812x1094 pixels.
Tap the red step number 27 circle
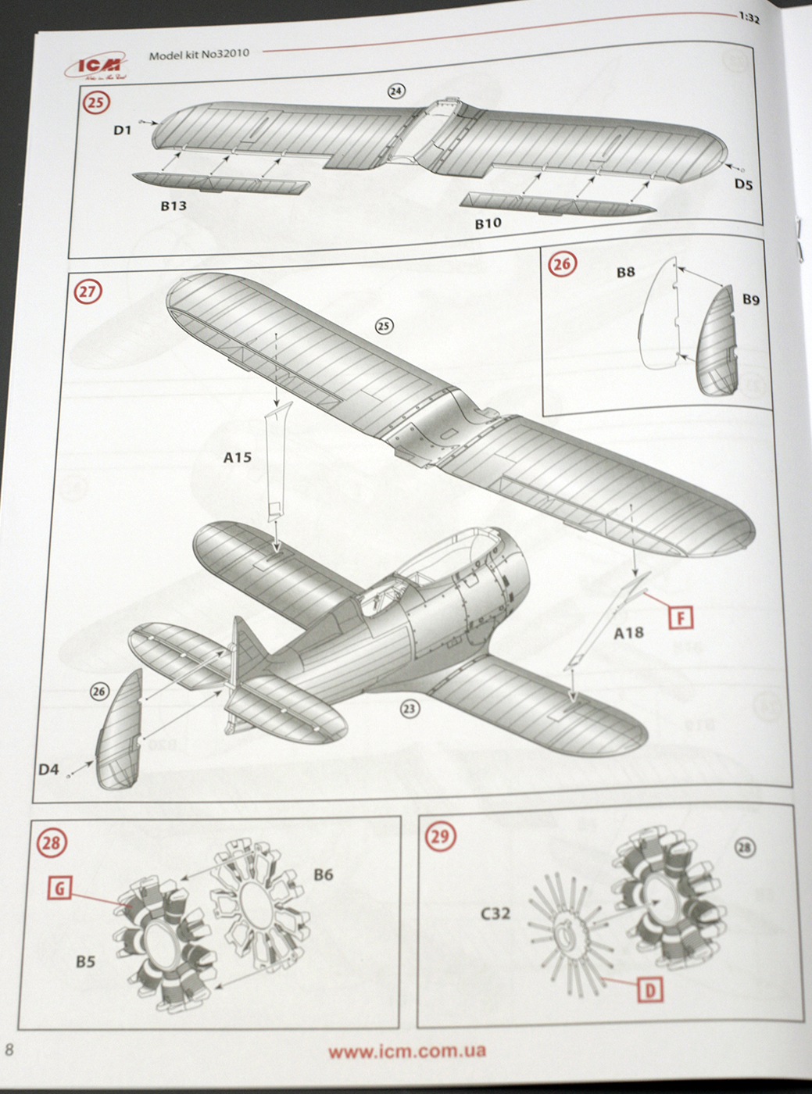[x=88, y=291]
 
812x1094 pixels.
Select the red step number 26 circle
[x=562, y=264]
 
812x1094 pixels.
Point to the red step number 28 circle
[x=52, y=842]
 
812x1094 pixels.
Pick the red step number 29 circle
[x=440, y=837]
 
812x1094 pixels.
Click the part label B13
[x=173, y=206]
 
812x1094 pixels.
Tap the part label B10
[x=488, y=223]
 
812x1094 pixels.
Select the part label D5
[x=742, y=184]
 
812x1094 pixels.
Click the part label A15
[x=238, y=457]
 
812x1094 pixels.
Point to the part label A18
[x=628, y=633]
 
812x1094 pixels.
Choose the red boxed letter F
[x=682, y=618]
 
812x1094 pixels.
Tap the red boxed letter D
[x=650, y=991]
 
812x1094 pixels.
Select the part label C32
[x=495, y=913]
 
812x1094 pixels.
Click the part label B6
[x=323, y=874]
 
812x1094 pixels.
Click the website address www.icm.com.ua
[x=406, y=1051]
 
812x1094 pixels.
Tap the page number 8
[x=9, y=1049]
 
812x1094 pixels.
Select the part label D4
[x=48, y=770]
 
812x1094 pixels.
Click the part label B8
[x=625, y=272]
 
